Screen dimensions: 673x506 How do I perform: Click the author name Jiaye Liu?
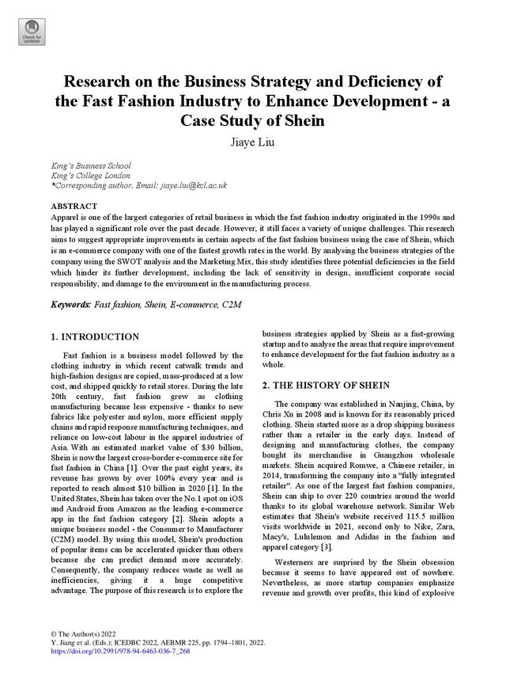(x=252, y=143)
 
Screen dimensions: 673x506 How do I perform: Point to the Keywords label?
(x=70, y=303)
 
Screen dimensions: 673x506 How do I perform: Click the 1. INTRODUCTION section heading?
(x=95, y=336)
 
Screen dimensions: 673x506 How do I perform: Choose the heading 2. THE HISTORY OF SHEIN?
(x=329, y=386)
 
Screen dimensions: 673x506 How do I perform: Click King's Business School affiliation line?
(x=96, y=165)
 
